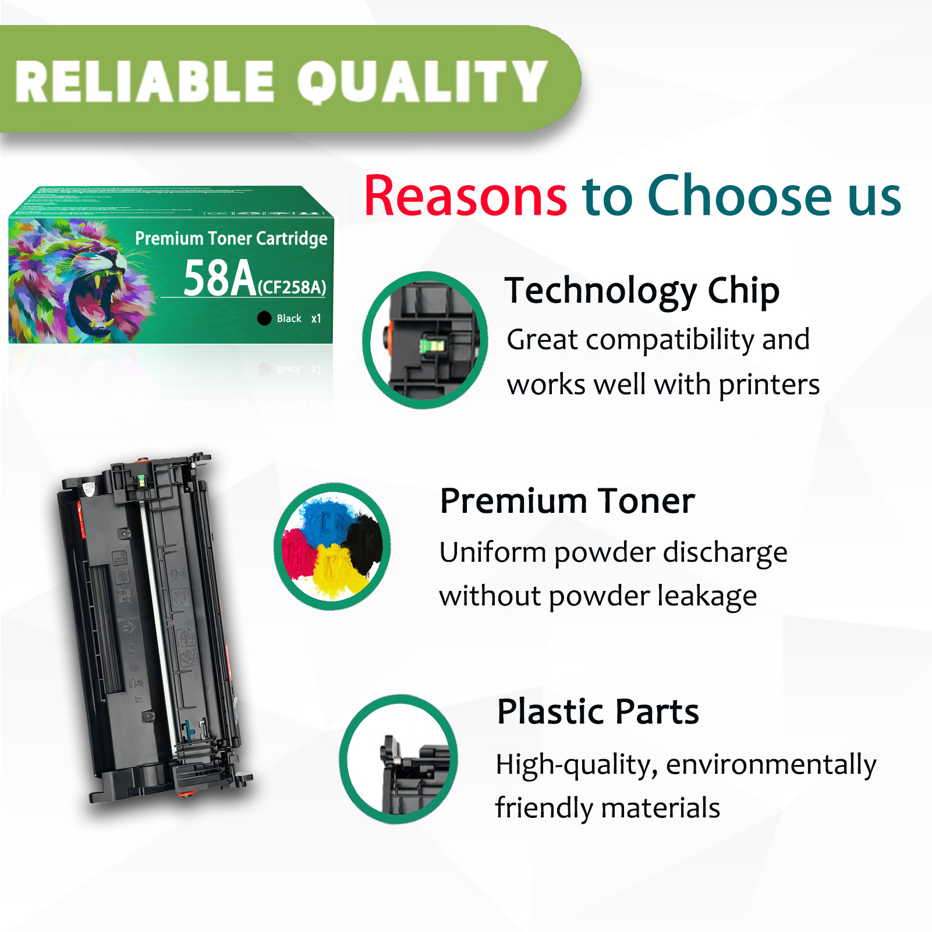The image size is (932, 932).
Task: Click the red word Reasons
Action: (465, 196)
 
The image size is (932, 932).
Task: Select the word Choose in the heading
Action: (739, 196)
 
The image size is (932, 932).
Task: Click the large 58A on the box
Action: (219, 278)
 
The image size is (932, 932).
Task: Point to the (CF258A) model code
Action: (292, 287)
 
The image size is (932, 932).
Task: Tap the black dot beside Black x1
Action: (264, 318)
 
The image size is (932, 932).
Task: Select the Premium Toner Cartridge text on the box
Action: (231, 238)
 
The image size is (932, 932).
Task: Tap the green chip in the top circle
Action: (433, 346)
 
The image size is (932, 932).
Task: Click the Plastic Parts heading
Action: (597, 711)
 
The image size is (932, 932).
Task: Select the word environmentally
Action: (771, 765)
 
